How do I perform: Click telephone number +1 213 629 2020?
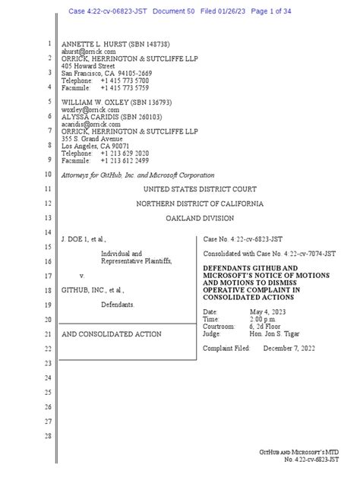click(125, 153)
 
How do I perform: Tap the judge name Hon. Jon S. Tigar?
click(279, 333)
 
